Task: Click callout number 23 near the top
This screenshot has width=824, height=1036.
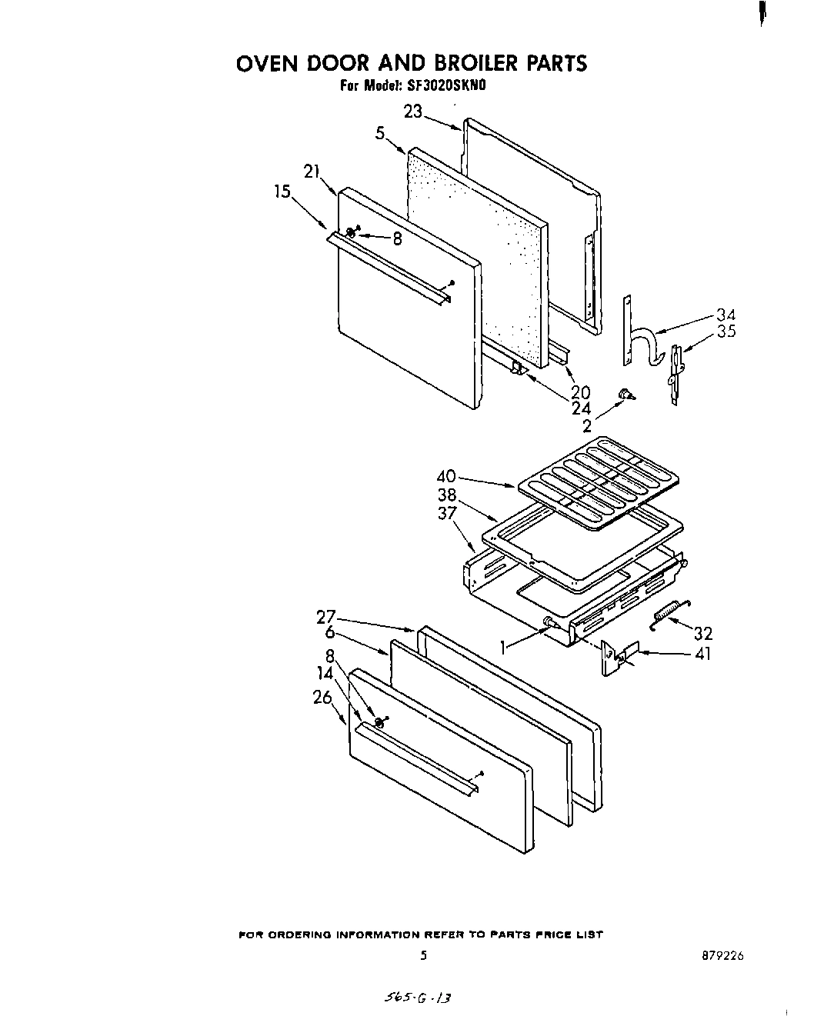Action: point(413,112)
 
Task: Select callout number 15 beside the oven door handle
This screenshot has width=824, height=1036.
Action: point(283,192)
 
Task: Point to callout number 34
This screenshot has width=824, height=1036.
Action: point(726,315)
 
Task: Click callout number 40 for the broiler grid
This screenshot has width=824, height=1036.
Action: point(447,476)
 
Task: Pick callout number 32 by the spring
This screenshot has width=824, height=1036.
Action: point(702,633)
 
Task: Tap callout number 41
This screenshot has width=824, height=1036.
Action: point(702,654)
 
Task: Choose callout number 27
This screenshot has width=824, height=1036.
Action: point(326,616)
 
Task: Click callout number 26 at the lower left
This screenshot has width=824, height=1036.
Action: point(322,698)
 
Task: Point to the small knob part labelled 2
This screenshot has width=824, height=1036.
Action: point(626,395)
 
